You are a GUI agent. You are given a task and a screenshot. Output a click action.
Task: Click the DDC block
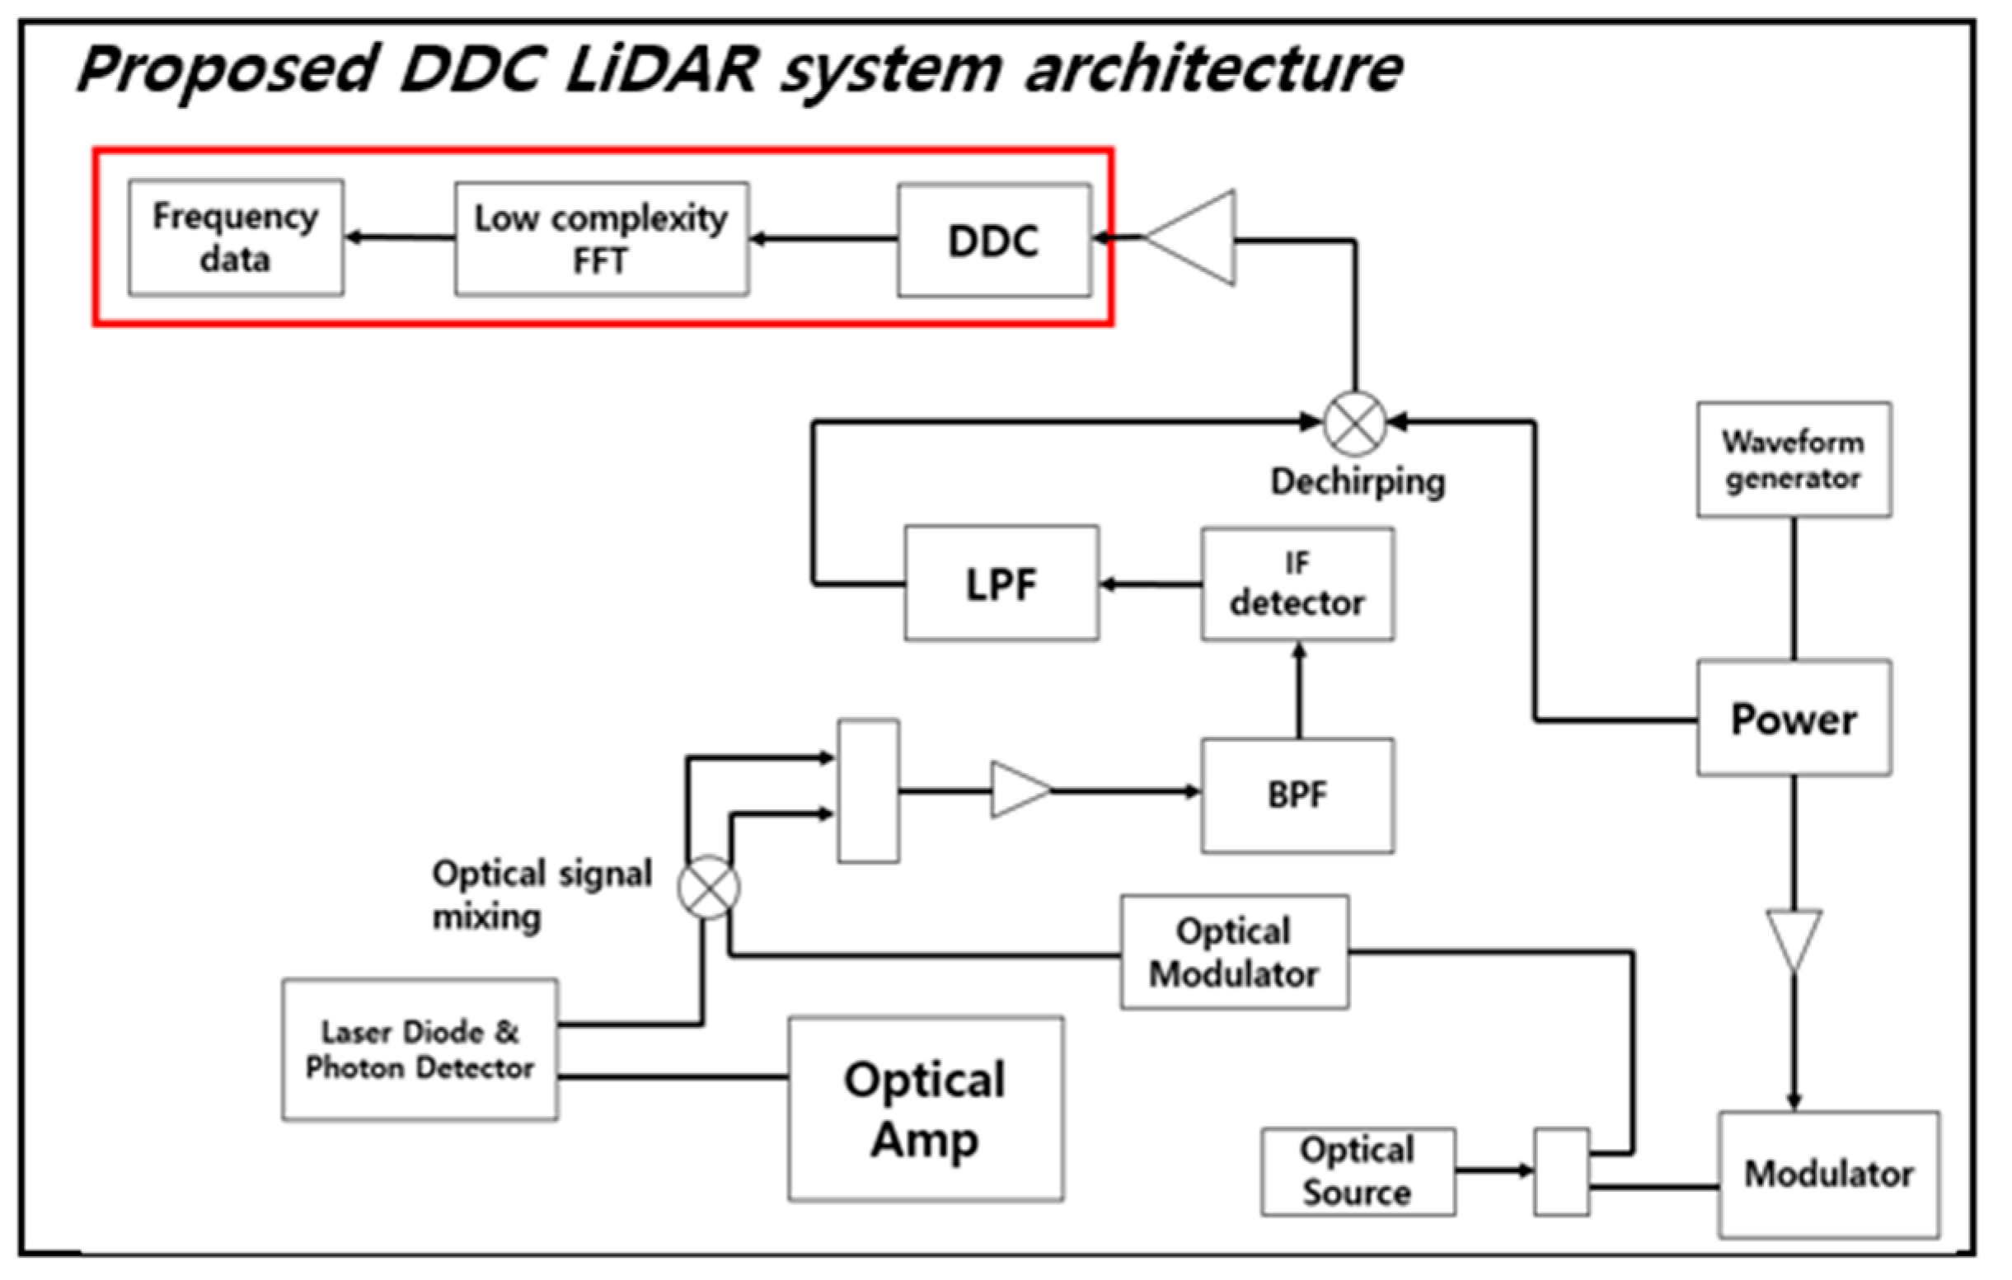(x=993, y=241)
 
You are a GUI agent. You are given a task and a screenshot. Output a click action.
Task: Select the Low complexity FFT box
(x=601, y=239)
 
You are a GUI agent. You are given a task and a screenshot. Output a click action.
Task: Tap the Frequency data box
(x=236, y=237)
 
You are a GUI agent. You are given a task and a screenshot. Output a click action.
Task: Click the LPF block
(x=1001, y=584)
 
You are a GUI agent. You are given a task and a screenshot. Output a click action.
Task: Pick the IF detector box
(x=1297, y=584)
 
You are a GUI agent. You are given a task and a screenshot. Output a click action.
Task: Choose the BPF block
(x=1297, y=795)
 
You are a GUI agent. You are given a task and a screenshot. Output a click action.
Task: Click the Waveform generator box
(x=1793, y=460)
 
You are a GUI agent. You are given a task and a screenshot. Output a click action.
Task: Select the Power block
(x=1793, y=719)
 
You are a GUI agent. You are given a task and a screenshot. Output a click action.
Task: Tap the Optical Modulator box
(x=1234, y=953)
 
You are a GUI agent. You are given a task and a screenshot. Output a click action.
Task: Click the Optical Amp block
(x=925, y=1109)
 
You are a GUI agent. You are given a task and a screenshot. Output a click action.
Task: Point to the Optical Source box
(x=1357, y=1171)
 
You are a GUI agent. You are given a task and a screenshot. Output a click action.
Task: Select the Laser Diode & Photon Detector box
(x=420, y=1049)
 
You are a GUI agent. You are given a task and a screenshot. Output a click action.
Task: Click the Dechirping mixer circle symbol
(x=1354, y=423)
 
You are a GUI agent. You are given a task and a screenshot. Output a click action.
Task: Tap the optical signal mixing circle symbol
(x=709, y=888)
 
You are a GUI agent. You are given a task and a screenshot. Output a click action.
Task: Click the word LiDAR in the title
(x=660, y=70)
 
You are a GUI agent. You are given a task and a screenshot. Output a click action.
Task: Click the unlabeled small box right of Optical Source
(x=1561, y=1171)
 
